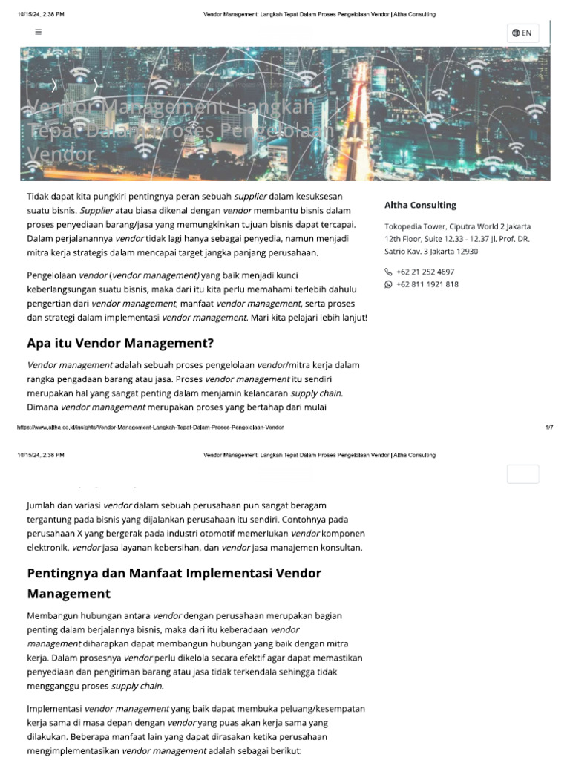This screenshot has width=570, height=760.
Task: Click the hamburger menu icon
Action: coord(39,32)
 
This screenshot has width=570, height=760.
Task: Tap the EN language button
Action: coord(522,33)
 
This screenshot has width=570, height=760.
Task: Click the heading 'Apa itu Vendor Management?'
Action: coord(120,343)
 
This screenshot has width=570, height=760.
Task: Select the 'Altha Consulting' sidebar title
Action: coord(420,205)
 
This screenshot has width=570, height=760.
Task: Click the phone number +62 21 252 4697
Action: coord(425,272)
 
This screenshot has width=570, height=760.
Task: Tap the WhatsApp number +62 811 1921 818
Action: coord(427,284)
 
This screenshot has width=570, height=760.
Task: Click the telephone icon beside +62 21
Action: coord(388,272)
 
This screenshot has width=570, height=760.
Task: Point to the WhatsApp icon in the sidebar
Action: coord(388,284)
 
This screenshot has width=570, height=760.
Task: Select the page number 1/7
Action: coord(549,427)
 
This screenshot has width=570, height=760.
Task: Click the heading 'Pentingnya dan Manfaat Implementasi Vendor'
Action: coord(174,573)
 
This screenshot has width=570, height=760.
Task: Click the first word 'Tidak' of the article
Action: coord(39,196)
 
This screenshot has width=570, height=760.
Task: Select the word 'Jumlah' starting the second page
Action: coord(42,505)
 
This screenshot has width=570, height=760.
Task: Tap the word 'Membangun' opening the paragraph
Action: coord(52,616)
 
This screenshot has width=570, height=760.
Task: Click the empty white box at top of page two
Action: coord(522,474)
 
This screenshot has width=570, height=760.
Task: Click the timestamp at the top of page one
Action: coord(40,14)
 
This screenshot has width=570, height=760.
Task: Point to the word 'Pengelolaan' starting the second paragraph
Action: coord(51,275)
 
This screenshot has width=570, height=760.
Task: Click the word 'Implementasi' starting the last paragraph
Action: coord(54,708)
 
